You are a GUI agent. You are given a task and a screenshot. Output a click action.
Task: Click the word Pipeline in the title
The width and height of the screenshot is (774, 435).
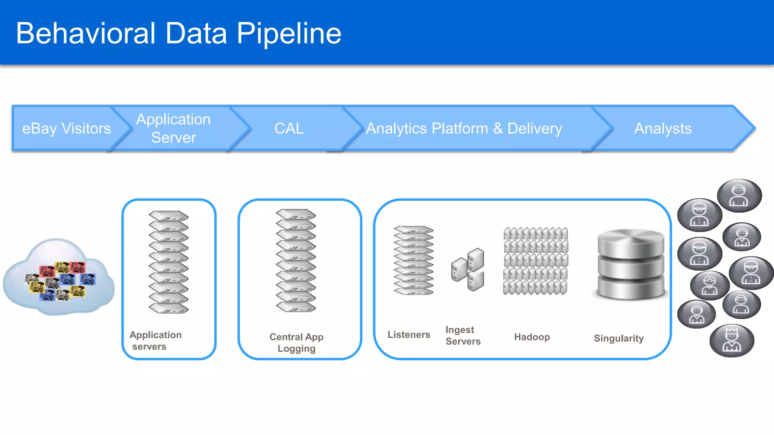289,34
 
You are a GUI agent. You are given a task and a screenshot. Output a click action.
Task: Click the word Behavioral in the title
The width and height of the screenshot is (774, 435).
86,33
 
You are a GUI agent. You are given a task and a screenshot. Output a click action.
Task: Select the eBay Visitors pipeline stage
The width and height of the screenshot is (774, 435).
67,129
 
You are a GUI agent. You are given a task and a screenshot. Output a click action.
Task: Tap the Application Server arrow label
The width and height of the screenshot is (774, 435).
173,128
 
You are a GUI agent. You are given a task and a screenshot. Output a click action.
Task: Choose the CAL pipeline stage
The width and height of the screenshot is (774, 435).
289,129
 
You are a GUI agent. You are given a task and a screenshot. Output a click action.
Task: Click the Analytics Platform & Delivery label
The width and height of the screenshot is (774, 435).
464,129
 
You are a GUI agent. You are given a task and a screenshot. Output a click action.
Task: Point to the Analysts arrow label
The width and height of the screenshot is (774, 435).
663,129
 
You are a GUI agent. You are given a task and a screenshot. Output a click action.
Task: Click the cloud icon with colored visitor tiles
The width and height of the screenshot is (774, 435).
59,278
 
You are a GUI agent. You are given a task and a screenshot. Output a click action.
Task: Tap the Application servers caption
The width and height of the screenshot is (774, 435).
155,341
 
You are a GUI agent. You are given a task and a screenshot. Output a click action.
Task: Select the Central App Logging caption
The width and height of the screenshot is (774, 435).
296,342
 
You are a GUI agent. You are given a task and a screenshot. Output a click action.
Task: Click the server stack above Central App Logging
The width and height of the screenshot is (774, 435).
296,261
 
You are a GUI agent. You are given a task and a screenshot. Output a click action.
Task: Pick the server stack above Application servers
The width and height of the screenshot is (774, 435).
169,262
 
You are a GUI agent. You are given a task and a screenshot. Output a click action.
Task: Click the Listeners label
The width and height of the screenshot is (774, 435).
409,335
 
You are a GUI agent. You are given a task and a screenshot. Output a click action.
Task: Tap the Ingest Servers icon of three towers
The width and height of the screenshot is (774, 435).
468,269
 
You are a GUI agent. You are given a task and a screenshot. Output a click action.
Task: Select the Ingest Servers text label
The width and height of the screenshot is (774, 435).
463,336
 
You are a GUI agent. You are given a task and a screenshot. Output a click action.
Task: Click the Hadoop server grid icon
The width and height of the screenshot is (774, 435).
536,261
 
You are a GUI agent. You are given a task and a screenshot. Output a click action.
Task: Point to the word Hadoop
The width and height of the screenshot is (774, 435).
532,337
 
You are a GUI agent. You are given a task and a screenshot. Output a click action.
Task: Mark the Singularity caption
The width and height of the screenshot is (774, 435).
619,338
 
